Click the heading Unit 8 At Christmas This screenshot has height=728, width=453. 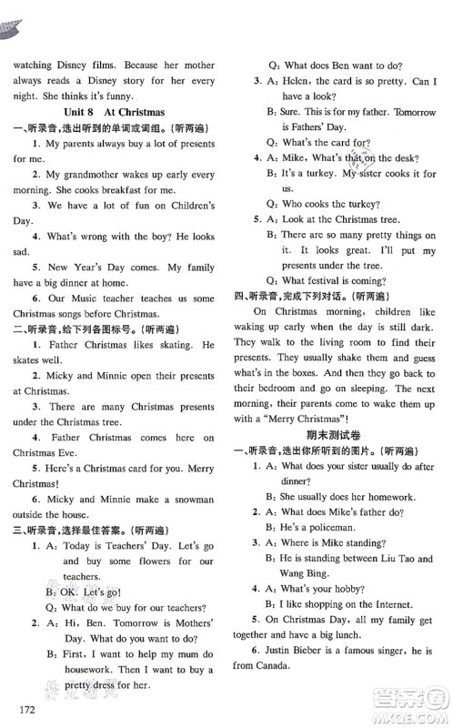click(115, 112)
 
